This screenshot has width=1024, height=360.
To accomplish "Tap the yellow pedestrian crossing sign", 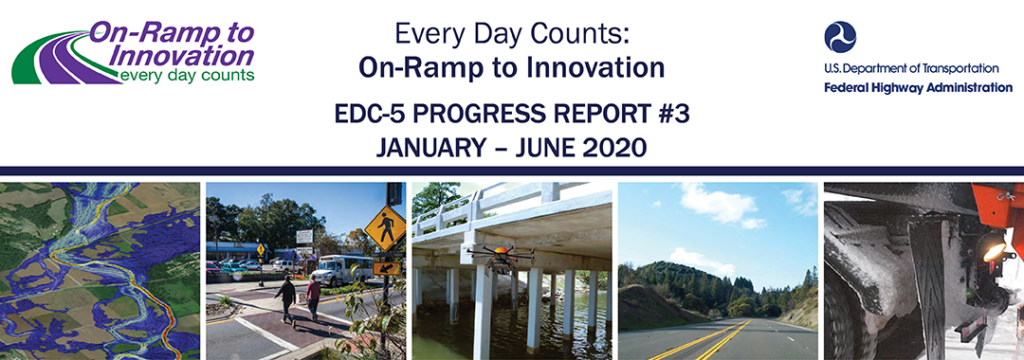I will point(384,229).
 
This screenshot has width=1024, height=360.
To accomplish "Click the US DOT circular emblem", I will point(840,38).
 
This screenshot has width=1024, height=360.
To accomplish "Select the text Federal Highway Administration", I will point(918,87).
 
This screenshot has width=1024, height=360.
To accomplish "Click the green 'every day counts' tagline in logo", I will point(186,75).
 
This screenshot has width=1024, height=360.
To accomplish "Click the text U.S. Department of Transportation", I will point(911,68).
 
